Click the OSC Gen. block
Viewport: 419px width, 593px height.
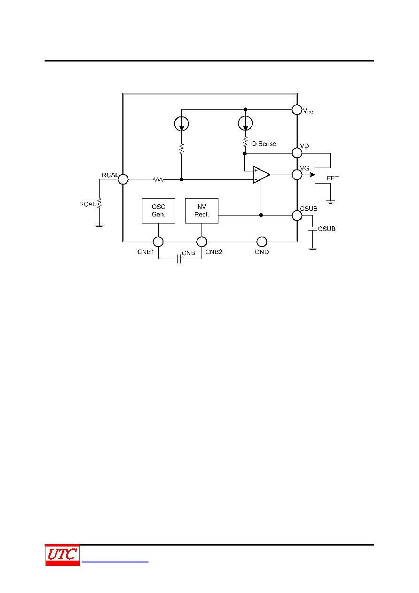tap(158, 211)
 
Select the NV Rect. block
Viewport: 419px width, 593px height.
tap(202, 211)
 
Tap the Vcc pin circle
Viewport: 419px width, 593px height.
tap(297, 109)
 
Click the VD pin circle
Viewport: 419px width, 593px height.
tap(297, 153)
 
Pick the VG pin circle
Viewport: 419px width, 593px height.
tap(297, 175)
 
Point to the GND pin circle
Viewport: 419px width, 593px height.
tap(262, 241)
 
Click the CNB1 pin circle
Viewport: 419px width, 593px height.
tap(158, 241)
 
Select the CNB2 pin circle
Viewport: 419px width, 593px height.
tap(202, 241)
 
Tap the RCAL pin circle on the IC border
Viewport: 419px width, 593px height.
tap(123, 179)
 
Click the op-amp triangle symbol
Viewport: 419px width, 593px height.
tap(261, 175)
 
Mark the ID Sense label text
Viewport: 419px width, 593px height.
tap(263, 144)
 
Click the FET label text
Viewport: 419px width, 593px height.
tap(333, 178)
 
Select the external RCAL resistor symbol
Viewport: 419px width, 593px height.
tap(99, 203)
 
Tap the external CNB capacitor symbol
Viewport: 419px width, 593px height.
tap(179, 259)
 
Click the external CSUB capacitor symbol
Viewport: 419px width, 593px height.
tap(312, 229)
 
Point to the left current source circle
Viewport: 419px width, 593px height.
tap(181, 123)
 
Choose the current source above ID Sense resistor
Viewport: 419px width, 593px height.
tap(245, 123)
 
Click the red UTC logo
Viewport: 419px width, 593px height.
tap(62, 555)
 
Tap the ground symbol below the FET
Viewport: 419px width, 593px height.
tap(330, 202)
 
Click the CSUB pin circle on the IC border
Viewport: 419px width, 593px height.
tap(297, 216)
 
